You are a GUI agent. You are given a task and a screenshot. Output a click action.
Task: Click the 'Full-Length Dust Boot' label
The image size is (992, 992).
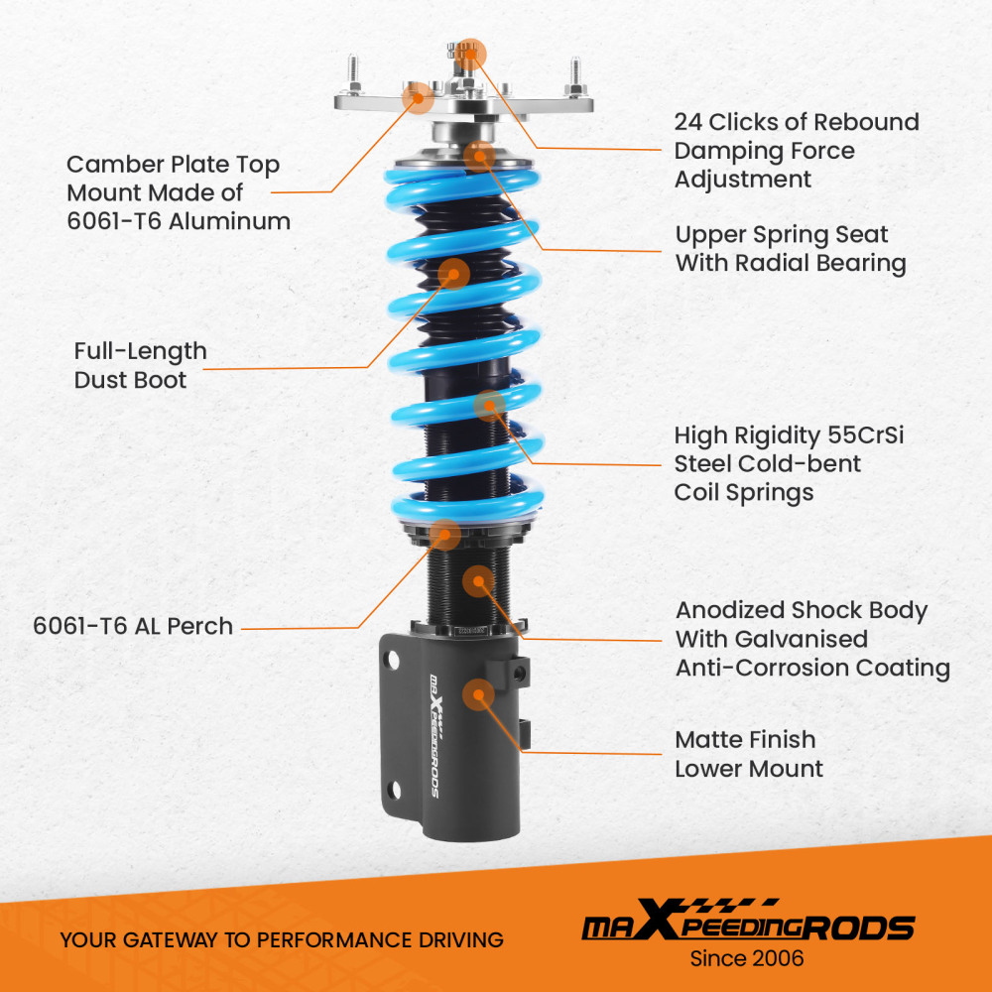(x=140, y=365)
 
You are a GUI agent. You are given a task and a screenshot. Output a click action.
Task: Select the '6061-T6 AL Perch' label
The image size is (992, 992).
(x=133, y=626)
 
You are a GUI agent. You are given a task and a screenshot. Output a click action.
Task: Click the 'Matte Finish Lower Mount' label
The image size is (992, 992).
(x=749, y=754)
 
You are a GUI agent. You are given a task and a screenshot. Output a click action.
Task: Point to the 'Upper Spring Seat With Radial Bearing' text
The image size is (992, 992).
(x=791, y=249)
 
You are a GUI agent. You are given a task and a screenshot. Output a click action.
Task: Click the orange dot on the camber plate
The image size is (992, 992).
(x=417, y=96)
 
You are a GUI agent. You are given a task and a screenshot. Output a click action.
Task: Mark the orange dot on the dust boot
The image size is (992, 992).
(x=453, y=273)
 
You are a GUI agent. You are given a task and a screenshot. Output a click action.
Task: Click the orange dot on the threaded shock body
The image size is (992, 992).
(x=479, y=580)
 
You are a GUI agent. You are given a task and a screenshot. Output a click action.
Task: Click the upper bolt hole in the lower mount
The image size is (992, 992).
(x=395, y=659)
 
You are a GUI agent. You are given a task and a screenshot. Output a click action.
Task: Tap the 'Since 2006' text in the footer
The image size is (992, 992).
(x=747, y=958)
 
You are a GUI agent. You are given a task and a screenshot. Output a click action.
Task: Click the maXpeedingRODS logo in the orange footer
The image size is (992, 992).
(x=747, y=925)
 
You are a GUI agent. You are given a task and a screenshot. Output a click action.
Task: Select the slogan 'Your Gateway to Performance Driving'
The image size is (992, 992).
(x=282, y=939)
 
